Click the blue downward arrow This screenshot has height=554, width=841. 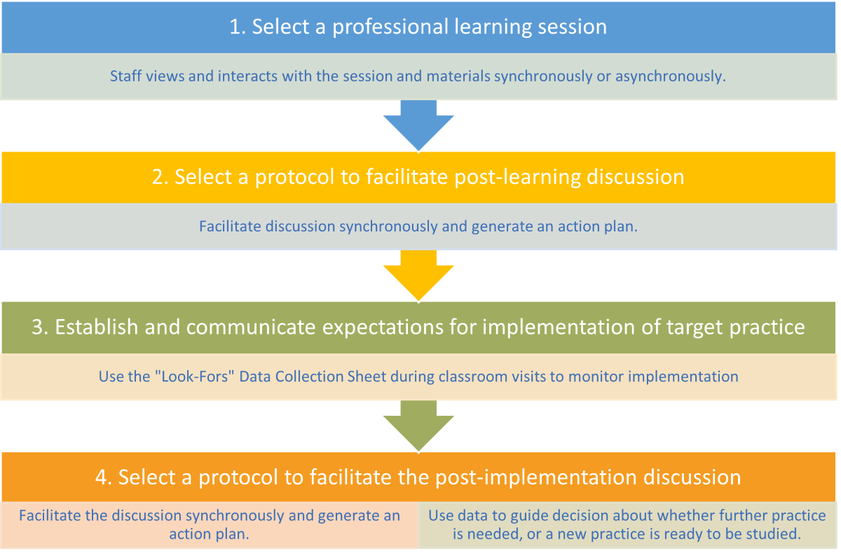[418, 126]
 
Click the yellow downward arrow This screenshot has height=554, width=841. [418, 276]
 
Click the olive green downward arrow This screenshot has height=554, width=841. [418, 426]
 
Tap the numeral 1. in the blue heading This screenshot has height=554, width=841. [238, 27]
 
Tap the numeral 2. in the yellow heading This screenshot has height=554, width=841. [160, 177]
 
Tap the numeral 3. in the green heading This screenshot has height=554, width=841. [40, 327]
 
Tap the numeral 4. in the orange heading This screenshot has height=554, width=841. [104, 478]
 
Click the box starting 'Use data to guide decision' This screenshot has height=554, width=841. [628, 525]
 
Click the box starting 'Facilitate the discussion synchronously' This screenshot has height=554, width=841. [210, 525]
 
